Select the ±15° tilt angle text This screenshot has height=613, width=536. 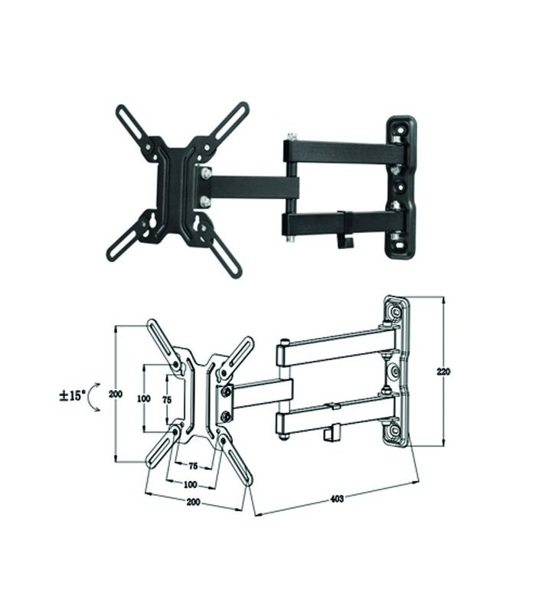[72, 396]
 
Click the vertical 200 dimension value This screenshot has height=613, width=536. [115, 394]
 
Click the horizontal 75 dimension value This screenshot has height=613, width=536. [193, 465]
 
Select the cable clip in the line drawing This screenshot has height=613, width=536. [330, 434]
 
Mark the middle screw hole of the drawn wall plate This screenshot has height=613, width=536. [394, 372]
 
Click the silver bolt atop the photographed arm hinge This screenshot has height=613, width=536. [290, 138]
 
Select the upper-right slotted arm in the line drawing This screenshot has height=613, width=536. [237, 357]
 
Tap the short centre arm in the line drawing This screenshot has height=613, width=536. [260, 394]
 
